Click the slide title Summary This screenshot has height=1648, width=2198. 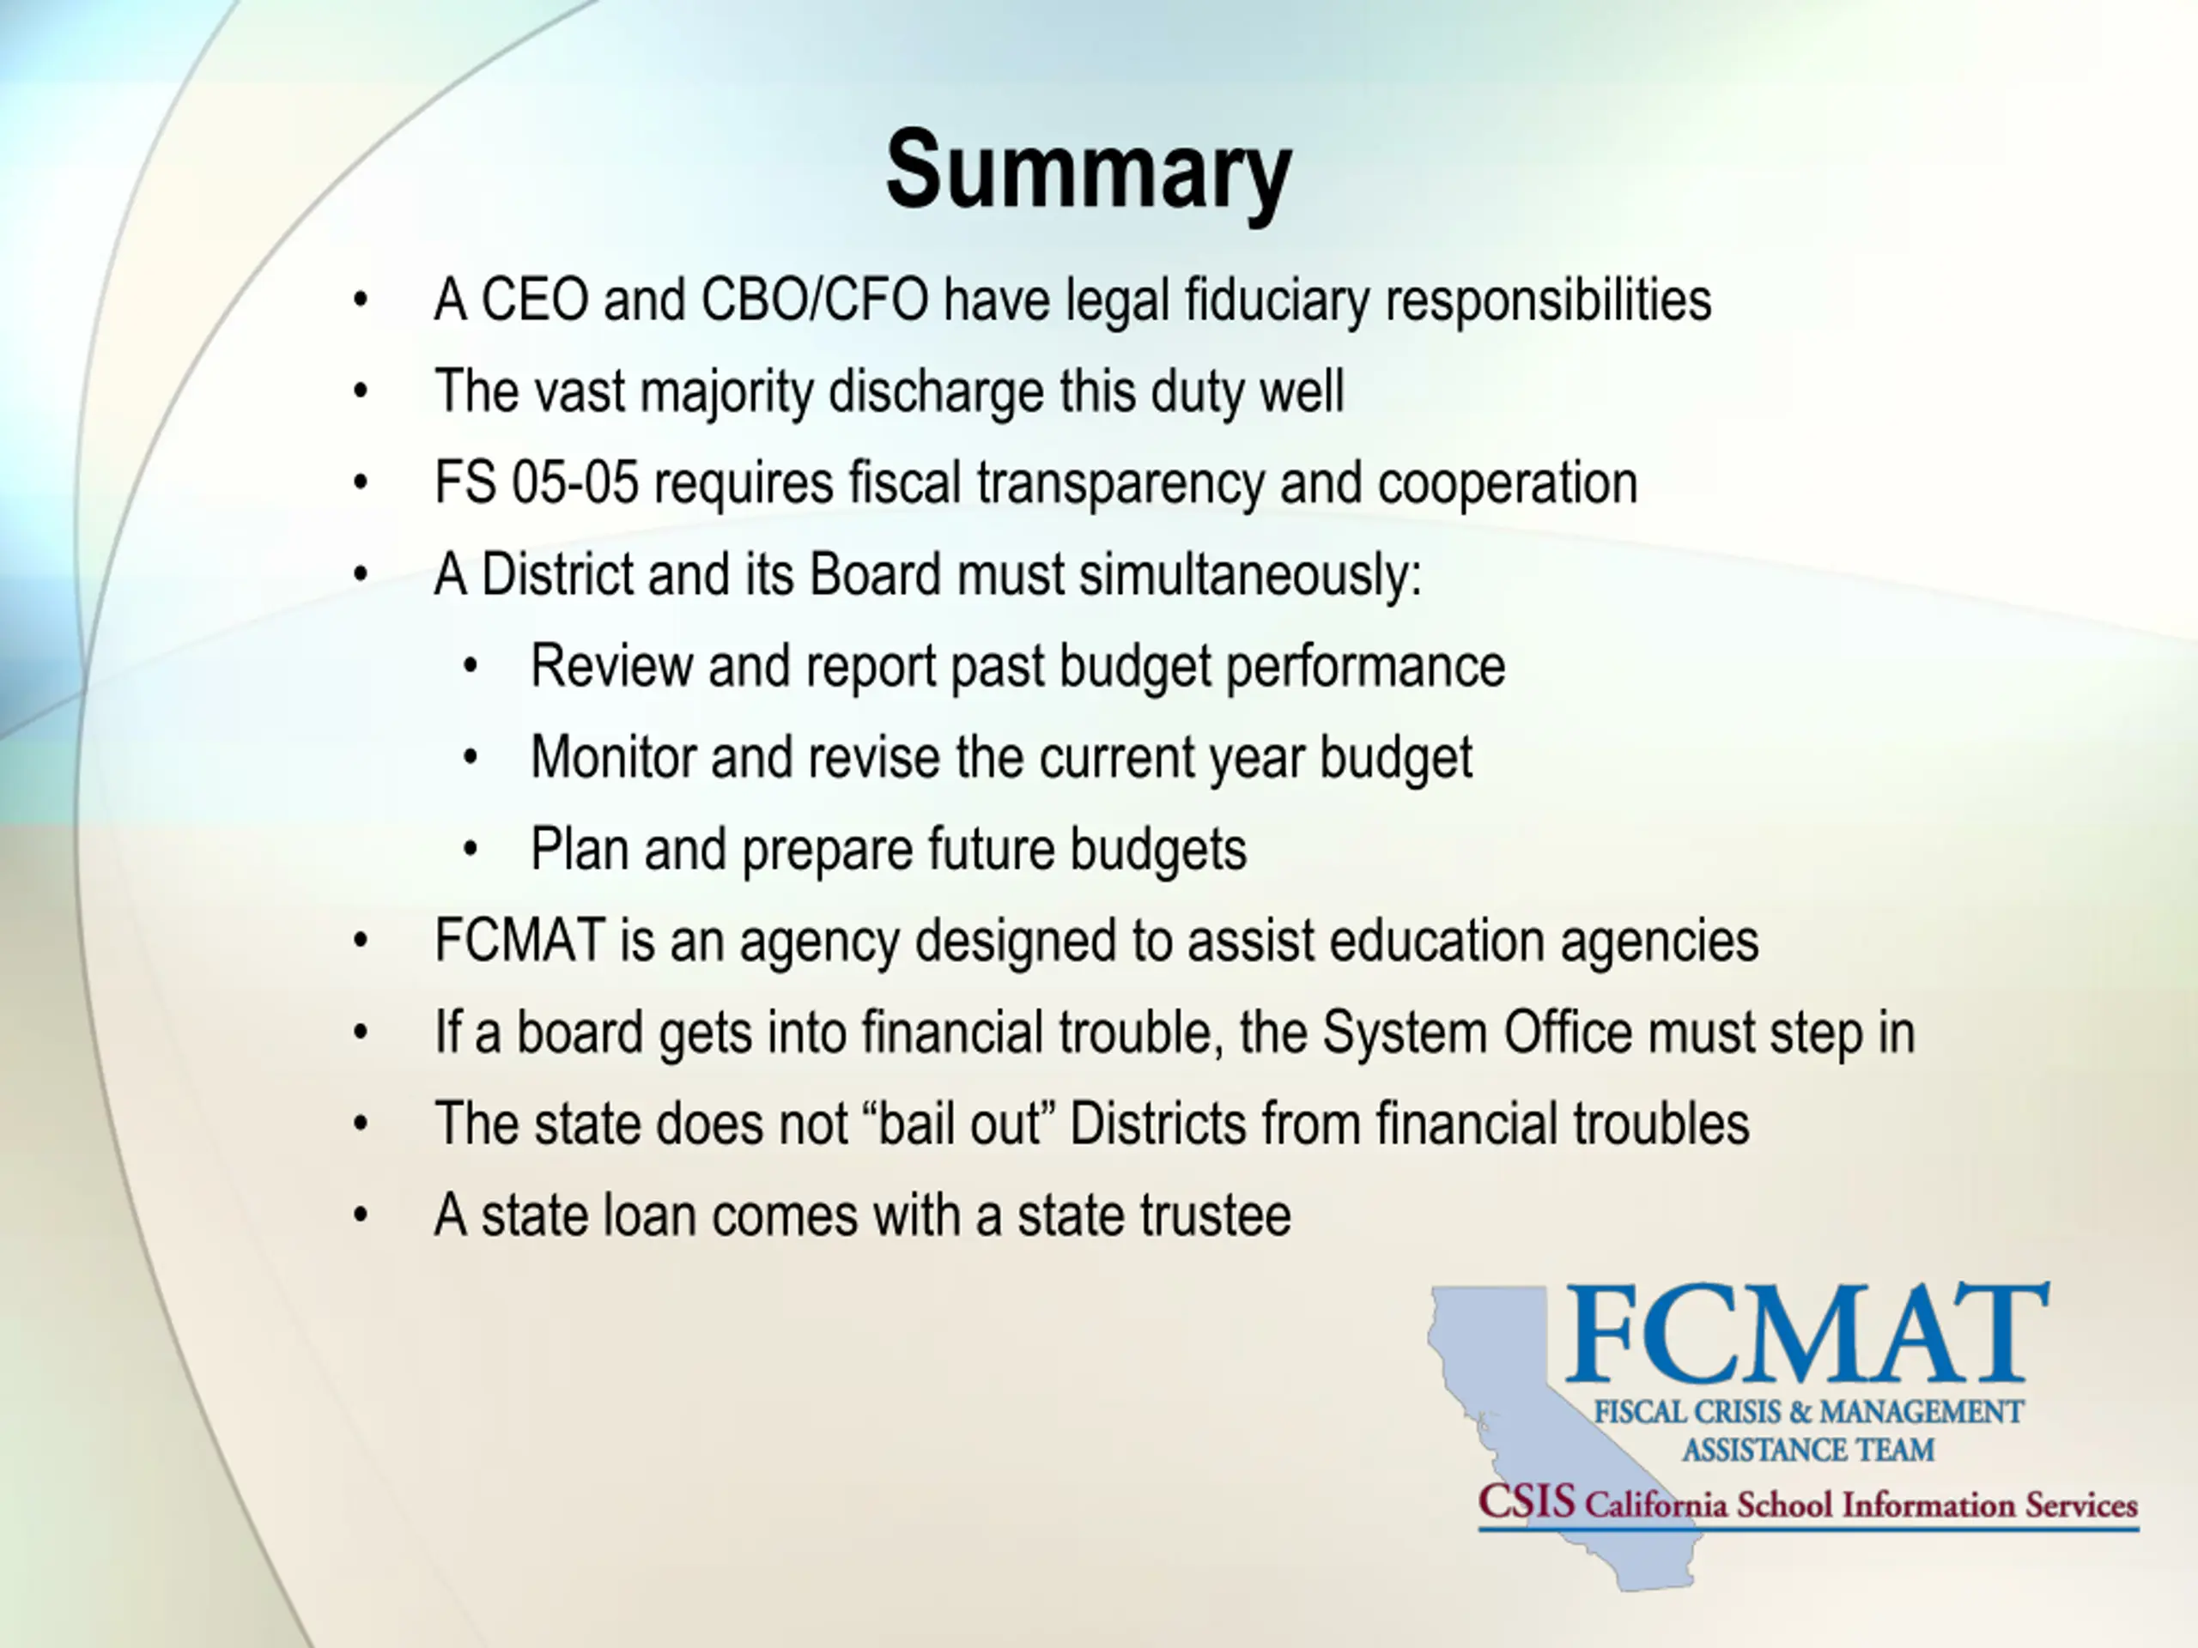(1088, 172)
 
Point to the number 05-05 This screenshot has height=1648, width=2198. (575, 482)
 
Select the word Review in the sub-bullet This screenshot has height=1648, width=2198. (611, 665)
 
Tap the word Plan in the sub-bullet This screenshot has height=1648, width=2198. (580, 850)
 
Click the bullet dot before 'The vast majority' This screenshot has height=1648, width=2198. (360, 391)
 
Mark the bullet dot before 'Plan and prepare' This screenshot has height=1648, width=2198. (471, 850)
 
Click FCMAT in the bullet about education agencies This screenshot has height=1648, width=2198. (519, 941)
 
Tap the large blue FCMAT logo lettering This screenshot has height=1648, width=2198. (1806, 1334)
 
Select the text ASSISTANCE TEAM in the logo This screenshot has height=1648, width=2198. (1807, 1451)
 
